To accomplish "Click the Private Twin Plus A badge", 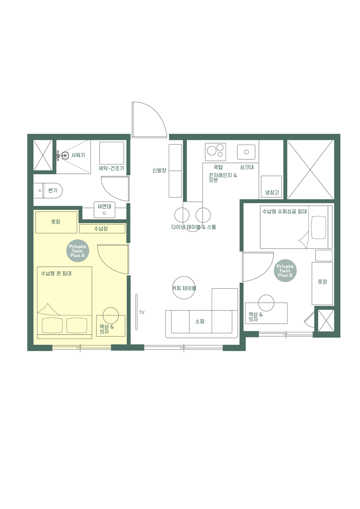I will [78, 251].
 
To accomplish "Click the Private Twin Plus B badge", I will [285, 271].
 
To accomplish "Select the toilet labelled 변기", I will [52, 190].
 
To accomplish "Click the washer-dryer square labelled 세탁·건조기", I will [112, 153].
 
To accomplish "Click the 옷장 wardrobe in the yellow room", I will [56, 222].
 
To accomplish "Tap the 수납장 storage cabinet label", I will [101, 229].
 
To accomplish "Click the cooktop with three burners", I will [215, 152].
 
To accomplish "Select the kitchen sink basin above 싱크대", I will [246, 152].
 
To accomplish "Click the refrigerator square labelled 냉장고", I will [271, 187].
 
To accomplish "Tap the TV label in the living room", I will [141, 312].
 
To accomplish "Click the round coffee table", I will [184, 288].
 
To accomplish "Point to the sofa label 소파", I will [200, 321].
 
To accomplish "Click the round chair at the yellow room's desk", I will [111, 315].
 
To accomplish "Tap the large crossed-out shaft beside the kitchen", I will [310, 170].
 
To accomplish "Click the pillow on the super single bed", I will [318, 227].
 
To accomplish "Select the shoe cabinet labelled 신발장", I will [175, 171].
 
